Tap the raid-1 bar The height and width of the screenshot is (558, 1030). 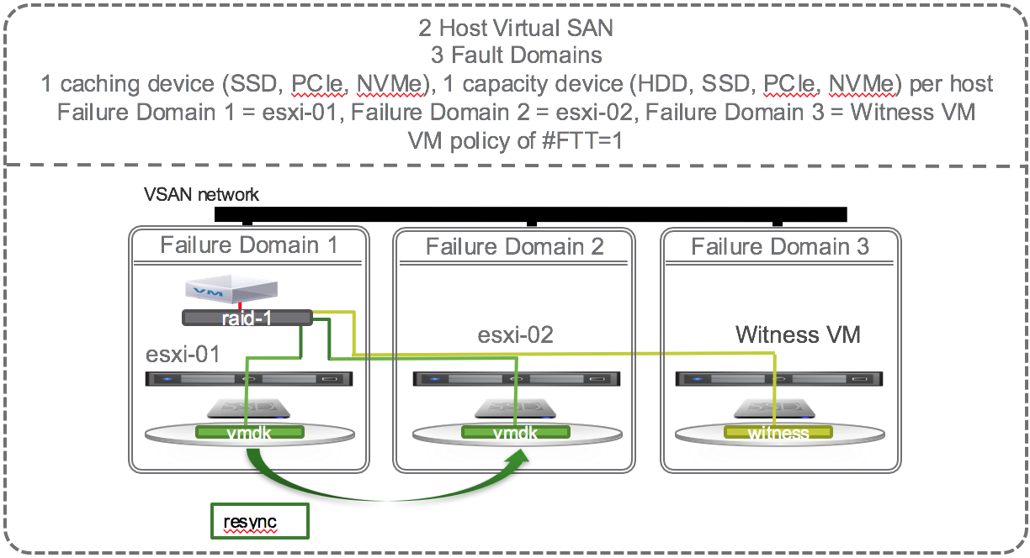pyautogui.click(x=247, y=318)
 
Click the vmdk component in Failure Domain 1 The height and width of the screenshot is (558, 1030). pyautogui.click(x=248, y=433)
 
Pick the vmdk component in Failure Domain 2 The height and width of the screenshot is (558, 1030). pyautogui.click(x=515, y=433)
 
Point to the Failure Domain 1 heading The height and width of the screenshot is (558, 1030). pyautogui.click(x=248, y=245)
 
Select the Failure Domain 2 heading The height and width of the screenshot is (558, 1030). pyautogui.click(x=514, y=247)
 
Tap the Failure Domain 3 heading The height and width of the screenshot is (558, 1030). pyautogui.click(x=780, y=247)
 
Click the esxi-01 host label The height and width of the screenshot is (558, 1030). pyautogui.click(x=183, y=355)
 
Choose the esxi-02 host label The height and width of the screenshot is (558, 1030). pyautogui.click(x=515, y=335)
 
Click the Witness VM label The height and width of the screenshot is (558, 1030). pyautogui.click(x=798, y=335)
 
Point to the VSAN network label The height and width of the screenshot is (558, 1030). pyautogui.click(x=202, y=195)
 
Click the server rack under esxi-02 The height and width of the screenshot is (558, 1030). pyautogui.click(x=515, y=379)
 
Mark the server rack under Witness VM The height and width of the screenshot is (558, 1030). pyautogui.click(x=780, y=379)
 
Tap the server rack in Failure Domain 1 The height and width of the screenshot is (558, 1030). pyautogui.click(x=248, y=379)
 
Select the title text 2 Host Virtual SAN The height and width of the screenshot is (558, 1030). pyautogui.click(x=515, y=28)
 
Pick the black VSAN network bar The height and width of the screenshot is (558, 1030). pyautogui.click(x=530, y=214)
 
